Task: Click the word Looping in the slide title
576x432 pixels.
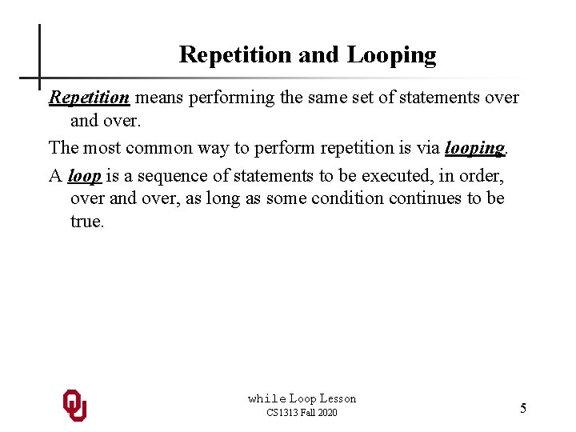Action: tap(392, 55)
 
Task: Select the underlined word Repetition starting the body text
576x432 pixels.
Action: tap(89, 98)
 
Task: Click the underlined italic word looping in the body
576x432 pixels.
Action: tap(474, 148)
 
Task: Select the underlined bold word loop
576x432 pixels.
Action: tap(84, 176)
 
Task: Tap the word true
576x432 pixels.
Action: tap(87, 222)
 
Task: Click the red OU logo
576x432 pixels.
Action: tap(74, 406)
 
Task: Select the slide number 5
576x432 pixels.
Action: tap(523, 409)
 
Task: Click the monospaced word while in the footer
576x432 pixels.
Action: tap(266, 398)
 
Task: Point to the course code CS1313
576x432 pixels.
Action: tap(282, 413)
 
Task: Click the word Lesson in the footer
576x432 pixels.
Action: tap(338, 398)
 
